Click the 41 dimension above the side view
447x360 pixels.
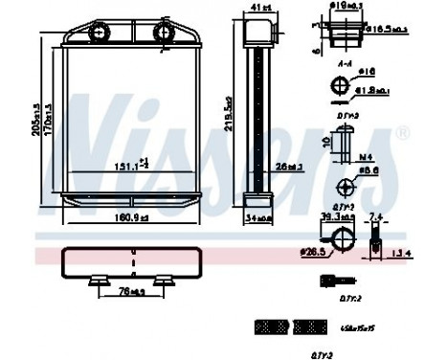click(256, 10)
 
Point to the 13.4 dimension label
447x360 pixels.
click(403, 254)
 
